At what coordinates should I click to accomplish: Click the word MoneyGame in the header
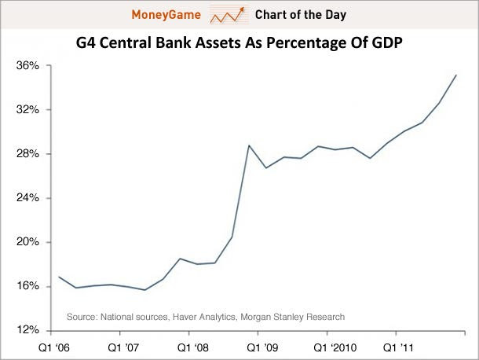[165, 15]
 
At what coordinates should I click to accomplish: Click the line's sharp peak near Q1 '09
[249, 145]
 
